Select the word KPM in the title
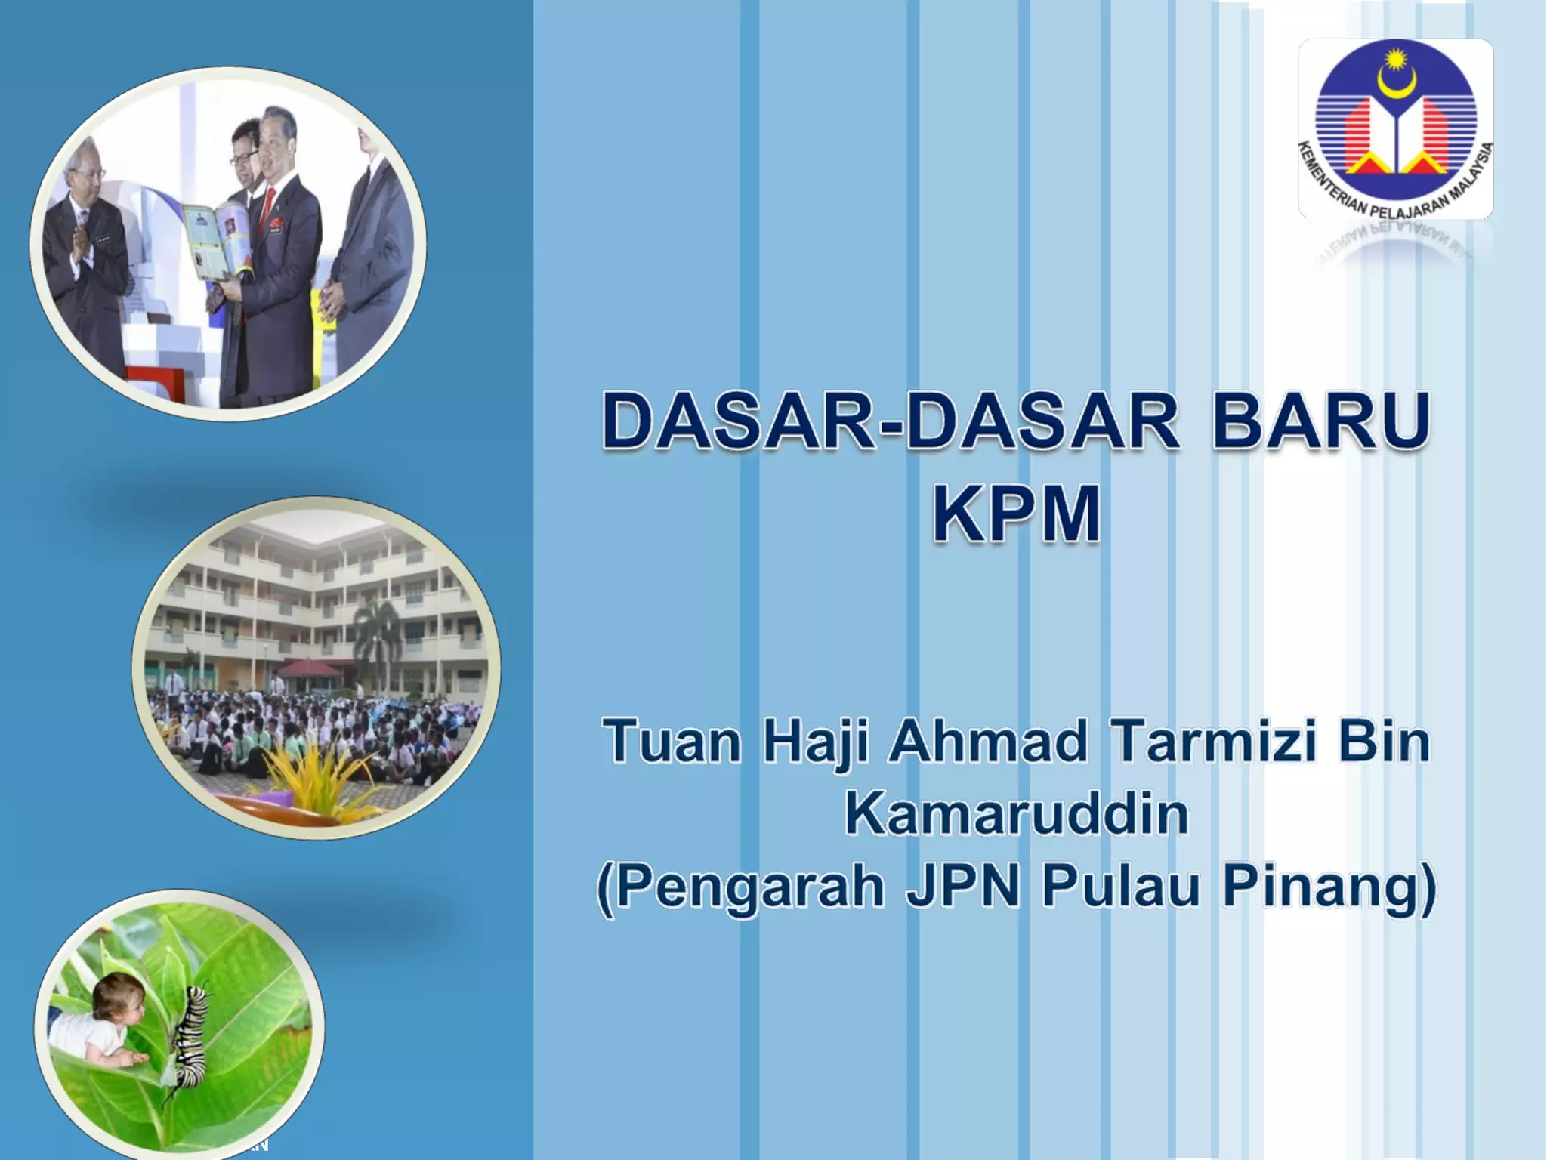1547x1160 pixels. coord(1016,514)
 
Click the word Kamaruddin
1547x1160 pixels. coord(1016,813)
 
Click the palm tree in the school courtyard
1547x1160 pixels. coord(375,642)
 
